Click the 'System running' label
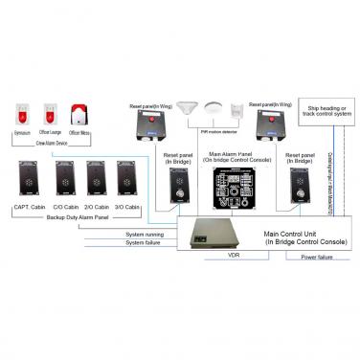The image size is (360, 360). pos(144,234)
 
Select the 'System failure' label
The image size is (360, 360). pos(144,243)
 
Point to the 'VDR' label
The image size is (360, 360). pos(232,257)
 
